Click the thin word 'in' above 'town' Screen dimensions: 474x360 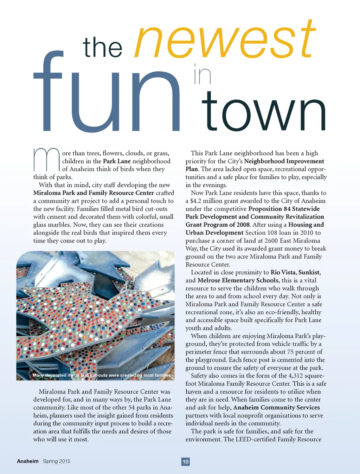202,74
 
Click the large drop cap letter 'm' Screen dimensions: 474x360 46,160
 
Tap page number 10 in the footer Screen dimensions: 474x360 186,462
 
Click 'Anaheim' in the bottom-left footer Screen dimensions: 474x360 28,461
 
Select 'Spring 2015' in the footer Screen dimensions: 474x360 57,461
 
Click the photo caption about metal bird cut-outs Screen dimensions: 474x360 102,375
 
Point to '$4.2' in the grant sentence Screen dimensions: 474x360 197,201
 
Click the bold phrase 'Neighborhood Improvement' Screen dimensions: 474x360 284,161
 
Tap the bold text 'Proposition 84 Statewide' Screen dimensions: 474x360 284,209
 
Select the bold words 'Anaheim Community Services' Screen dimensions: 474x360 276,408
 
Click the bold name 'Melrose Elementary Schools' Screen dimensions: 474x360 238,280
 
